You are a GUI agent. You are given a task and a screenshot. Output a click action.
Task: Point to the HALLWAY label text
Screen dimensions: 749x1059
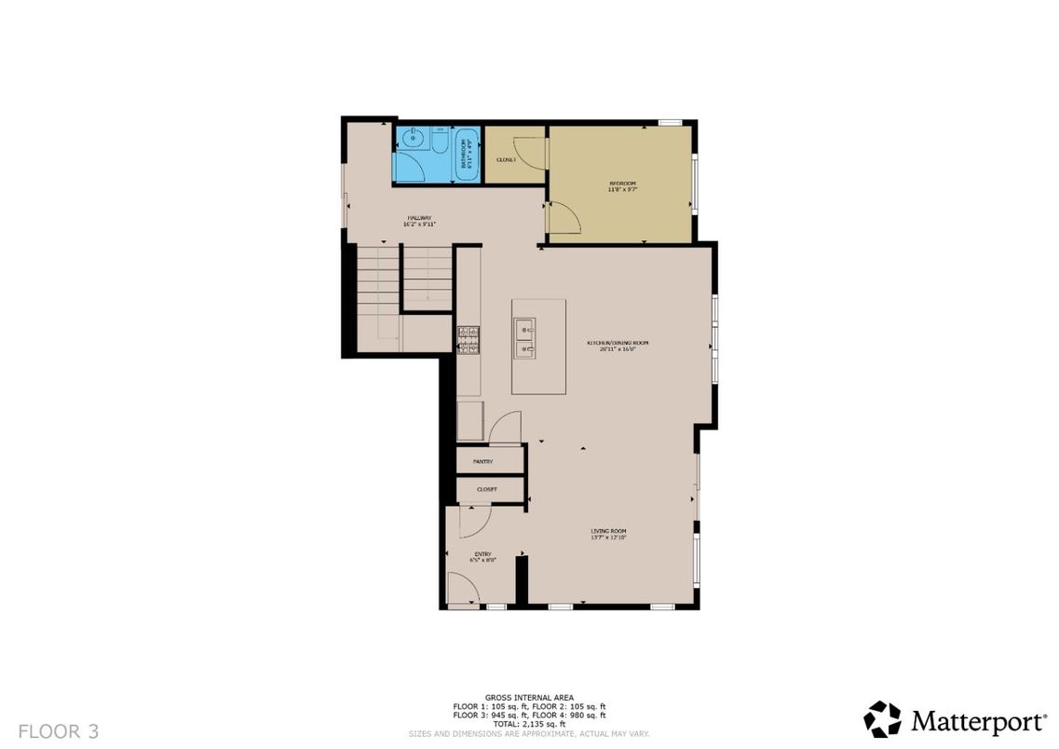pyautogui.click(x=419, y=221)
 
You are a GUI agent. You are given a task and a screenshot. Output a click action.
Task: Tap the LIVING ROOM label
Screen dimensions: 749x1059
pyautogui.click(x=608, y=534)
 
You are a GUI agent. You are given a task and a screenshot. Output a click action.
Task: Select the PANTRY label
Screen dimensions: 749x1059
pyautogui.click(x=482, y=461)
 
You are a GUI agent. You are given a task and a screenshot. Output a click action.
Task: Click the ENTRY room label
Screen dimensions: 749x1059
pyautogui.click(x=482, y=556)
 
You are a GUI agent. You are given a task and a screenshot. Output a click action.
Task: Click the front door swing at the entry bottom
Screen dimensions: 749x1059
pyautogui.click(x=463, y=589)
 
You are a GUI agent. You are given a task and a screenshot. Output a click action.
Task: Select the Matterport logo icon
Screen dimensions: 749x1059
pyautogui.click(x=882, y=719)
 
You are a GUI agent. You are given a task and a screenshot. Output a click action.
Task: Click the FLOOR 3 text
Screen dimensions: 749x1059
pyautogui.click(x=58, y=730)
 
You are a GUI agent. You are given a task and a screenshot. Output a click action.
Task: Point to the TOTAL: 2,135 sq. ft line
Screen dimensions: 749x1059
pyautogui.click(x=529, y=724)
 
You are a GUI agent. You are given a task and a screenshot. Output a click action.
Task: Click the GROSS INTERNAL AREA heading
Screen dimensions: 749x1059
pyautogui.click(x=529, y=697)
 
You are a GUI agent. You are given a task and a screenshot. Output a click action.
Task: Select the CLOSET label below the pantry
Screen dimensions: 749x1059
pyautogui.click(x=486, y=489)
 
